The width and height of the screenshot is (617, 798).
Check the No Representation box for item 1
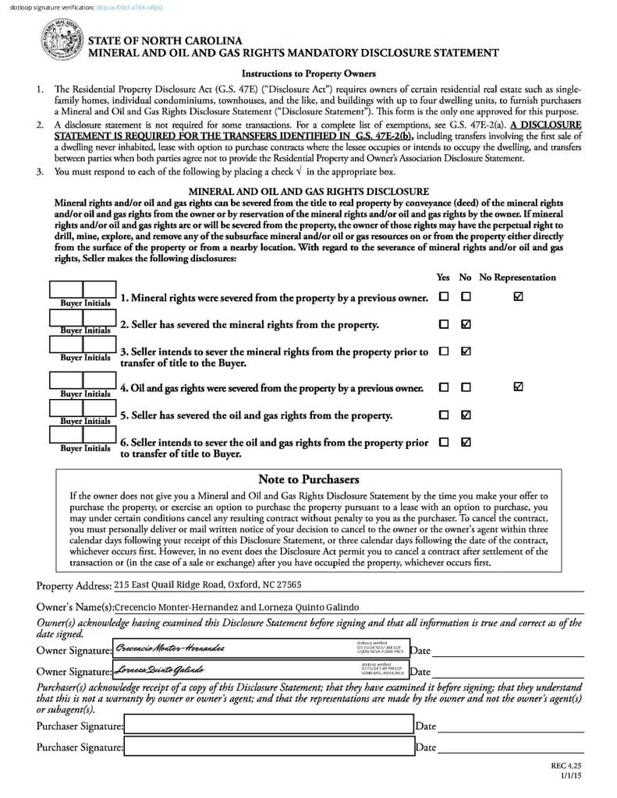pos(519,297)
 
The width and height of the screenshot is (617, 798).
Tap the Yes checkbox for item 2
pos(444,324)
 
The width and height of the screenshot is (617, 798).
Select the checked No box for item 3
pos(466,351)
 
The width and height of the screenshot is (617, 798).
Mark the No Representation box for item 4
pos(519,387)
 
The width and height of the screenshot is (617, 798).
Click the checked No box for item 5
pos(466,415)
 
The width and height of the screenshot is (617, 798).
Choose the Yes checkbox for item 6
pos(444,442)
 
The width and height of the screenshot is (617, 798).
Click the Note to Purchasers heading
pos(308,479)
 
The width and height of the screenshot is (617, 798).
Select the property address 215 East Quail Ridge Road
pos(207,584)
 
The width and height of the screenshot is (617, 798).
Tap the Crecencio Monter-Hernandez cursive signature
pos(170,648)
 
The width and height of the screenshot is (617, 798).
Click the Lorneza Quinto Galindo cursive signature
pos(160,669)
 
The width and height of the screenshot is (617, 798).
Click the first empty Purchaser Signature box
pos(268,726)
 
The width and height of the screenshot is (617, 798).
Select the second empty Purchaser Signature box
pos(268,747)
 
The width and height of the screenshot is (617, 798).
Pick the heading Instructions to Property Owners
pos(308,74)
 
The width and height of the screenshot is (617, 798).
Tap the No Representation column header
pos(517,277)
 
